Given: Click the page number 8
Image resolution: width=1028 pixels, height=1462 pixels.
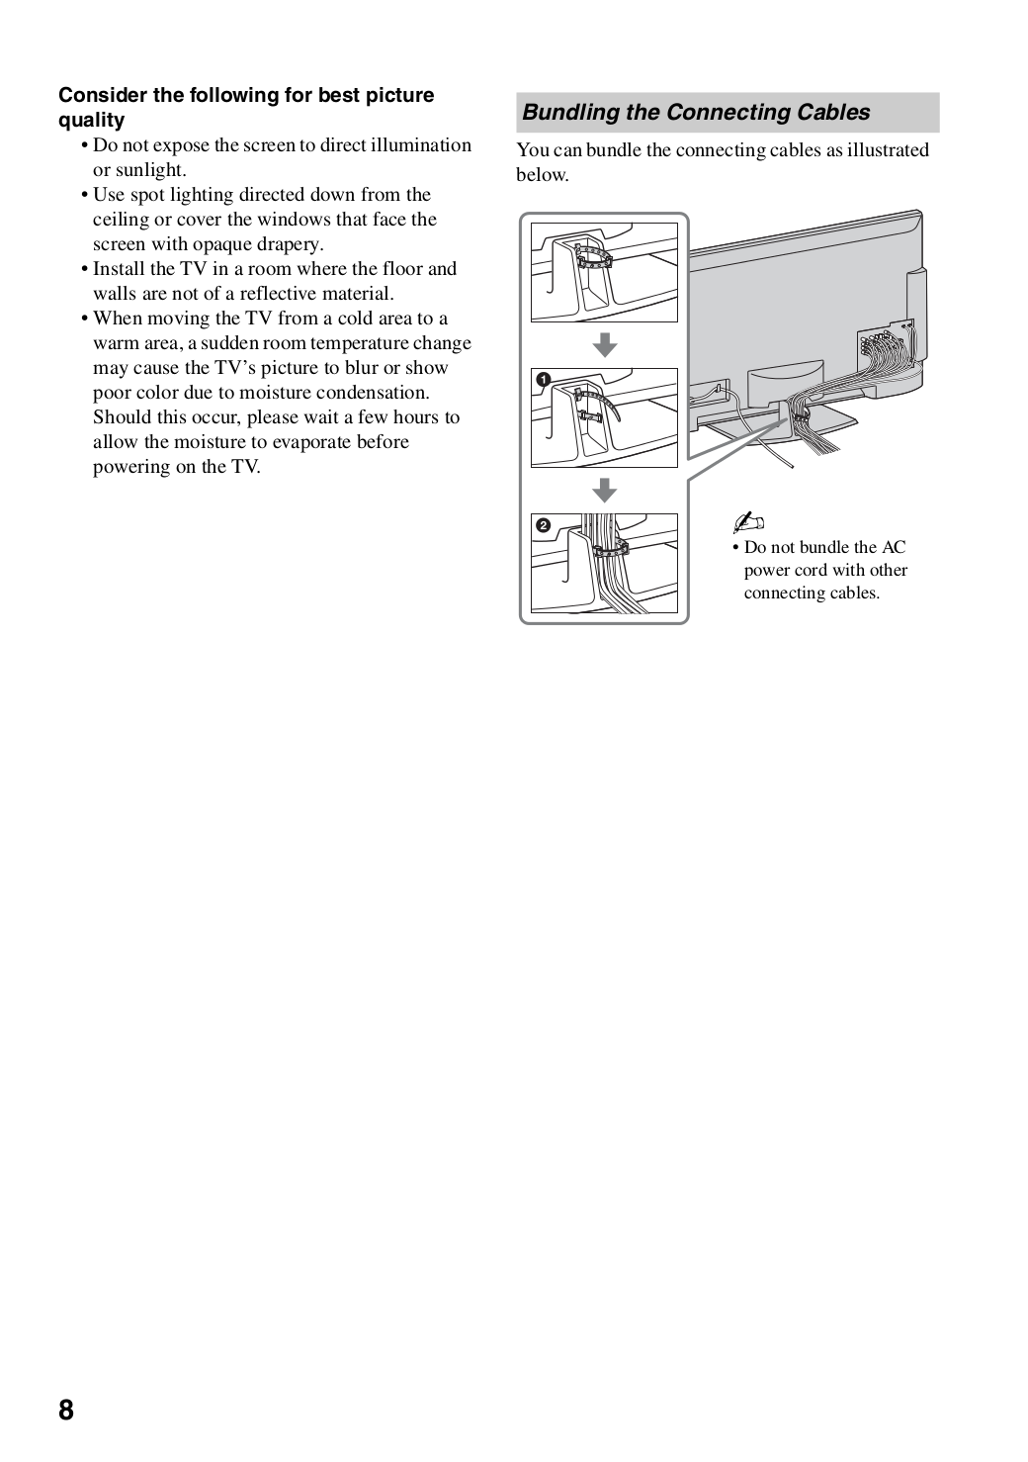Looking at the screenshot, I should pos(65,1410).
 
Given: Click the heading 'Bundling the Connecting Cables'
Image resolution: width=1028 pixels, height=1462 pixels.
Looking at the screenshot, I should pos(696,113).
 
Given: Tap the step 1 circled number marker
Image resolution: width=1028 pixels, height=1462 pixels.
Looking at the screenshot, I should pos(543,380).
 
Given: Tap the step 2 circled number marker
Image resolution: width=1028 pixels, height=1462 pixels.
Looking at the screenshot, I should pos(543,525).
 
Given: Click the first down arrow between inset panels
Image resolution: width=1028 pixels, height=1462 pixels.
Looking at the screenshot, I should pos(604,344).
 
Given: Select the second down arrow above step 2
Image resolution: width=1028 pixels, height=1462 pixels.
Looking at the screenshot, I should pos(604,490).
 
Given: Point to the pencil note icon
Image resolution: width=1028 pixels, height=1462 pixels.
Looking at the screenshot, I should pos(749,523).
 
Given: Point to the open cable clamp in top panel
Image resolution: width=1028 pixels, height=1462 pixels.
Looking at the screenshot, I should pos(594,260).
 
